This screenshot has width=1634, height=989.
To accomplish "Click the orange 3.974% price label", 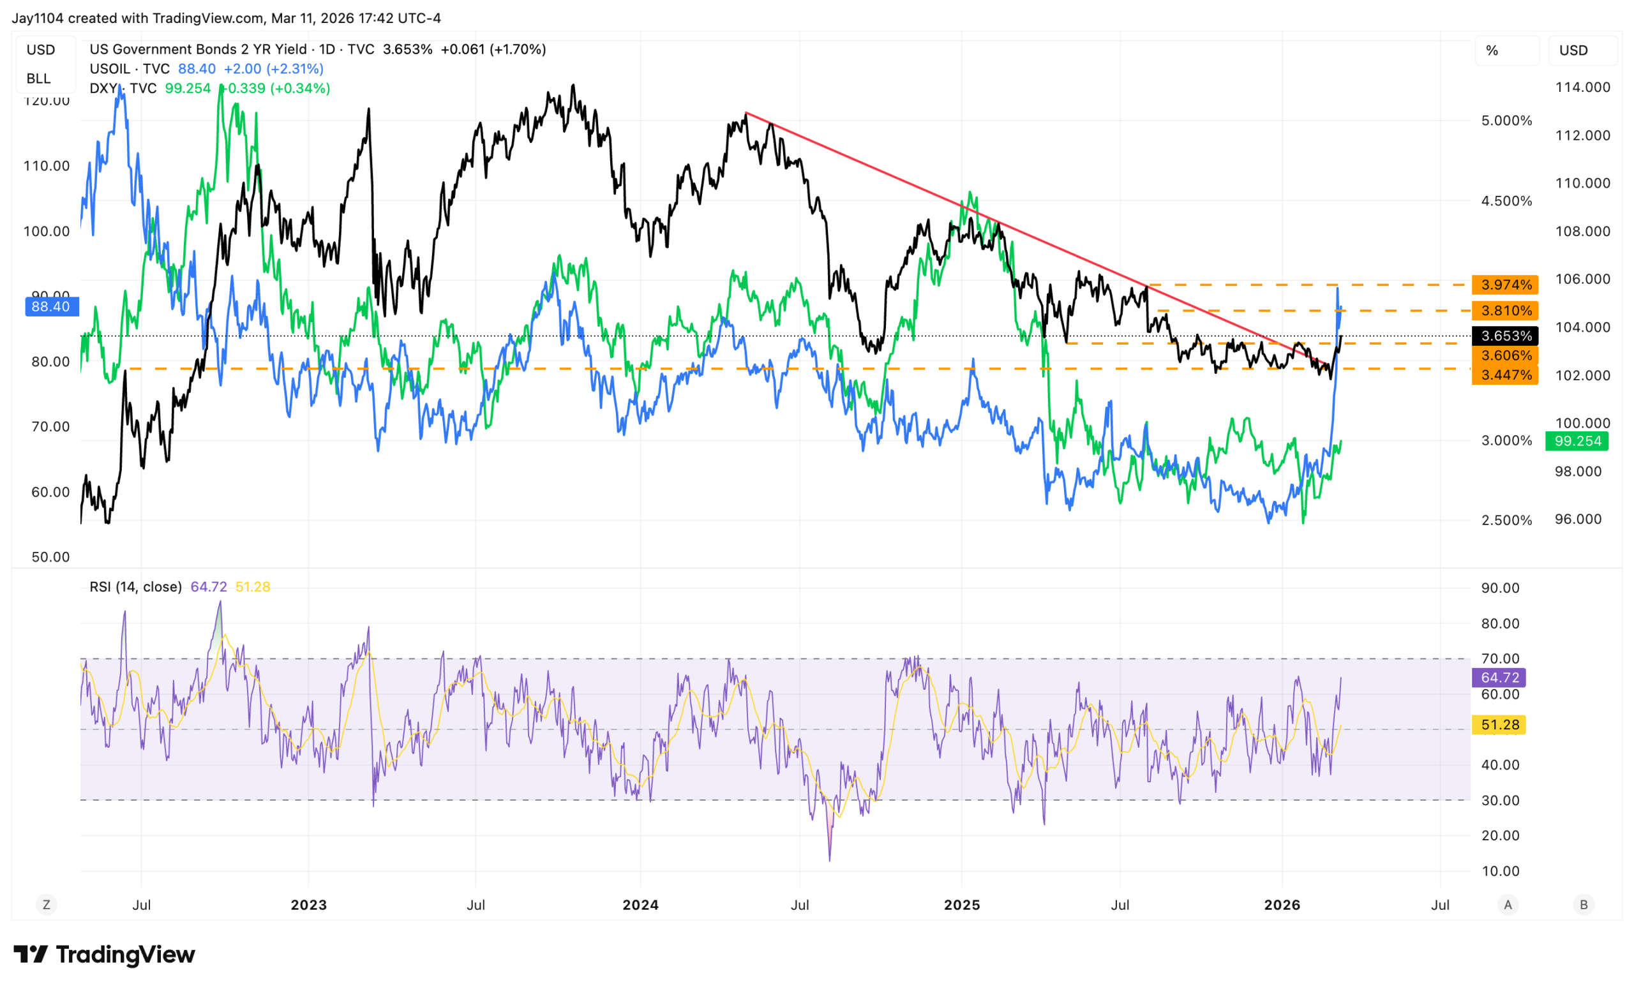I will [x=1505, y=285].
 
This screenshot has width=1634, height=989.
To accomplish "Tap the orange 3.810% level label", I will [x=1505, y=311].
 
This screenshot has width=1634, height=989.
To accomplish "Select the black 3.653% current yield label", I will [x=1505, y=336].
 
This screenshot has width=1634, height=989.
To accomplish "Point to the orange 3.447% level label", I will [x=1505, y=375].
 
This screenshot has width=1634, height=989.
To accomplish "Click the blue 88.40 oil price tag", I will [x=51, y=306].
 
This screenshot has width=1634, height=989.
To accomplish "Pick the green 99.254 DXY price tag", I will [x=1577, y=441].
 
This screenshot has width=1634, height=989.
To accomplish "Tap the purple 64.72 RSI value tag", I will [x=1499, y=678].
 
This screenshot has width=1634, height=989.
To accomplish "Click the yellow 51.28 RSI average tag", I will [x=1499, y=724].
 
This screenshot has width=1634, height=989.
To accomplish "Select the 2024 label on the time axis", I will [x=640, y=905].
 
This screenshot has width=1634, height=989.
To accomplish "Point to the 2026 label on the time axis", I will [x=1282, y=905].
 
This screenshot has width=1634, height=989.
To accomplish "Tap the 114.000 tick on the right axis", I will [x=1582, y=87].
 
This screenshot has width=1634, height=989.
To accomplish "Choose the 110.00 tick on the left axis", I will [x=47, y=166].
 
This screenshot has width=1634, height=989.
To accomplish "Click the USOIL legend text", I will [x=130, y=69].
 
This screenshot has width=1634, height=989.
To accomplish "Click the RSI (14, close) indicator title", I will [x=135, y=586].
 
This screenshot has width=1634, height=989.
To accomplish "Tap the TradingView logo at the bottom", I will [x=104, y=955].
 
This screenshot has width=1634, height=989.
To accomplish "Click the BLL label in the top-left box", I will [x=38, y=78].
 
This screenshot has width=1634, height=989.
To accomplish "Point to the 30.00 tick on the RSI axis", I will [x=1500, y=800].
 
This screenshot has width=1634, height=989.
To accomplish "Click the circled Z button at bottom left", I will [x=47, y=904].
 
